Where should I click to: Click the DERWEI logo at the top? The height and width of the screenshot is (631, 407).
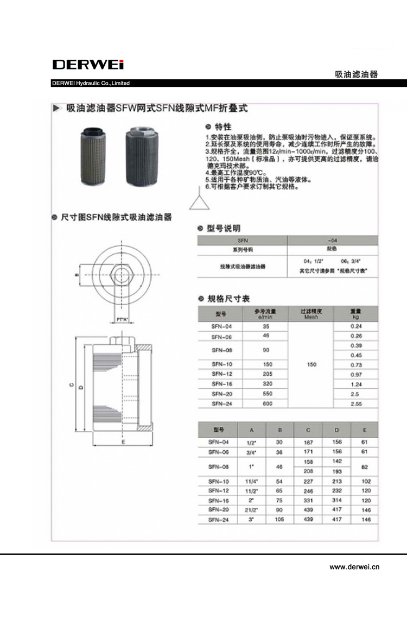click(x=88, y=65)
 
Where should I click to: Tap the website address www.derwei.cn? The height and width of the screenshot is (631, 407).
click(x=354, y=567)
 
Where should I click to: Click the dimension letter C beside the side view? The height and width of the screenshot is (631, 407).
click(x=71, y=385)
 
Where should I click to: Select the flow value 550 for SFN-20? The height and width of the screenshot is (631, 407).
click(x=266, y=393)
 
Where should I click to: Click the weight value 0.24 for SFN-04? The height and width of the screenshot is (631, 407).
click(x=356, y=326)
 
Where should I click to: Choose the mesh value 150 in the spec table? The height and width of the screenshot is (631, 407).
click(x=311, y=365)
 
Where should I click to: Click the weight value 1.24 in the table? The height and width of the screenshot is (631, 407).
click(x=356, y=384)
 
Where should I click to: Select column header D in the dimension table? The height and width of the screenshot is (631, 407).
click(x=336, y=429)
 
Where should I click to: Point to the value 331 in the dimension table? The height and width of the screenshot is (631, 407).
click(x=309, y=500)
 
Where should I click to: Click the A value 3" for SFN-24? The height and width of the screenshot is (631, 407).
click(x=251, y=520)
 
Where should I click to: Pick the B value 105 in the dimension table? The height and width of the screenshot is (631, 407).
click(x=280, y=520)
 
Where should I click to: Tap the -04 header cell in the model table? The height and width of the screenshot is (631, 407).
click(x=332, y=239)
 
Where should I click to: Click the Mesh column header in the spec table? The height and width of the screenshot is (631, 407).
click(x=311, y=313)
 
